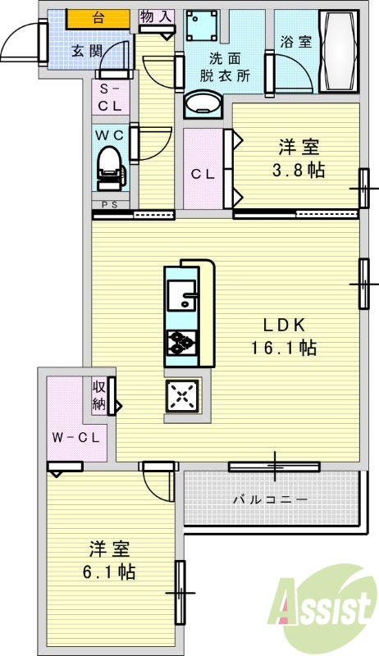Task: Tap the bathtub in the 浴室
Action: coord(339,51)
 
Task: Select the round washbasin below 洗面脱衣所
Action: coord(203,103)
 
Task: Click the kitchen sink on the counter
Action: coord(181,295)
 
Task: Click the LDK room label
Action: coord(284,325)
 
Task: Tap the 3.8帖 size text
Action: coord(299,171)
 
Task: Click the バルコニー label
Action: coord(270,499)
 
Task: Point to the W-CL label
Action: coord(75,438)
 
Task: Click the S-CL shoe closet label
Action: coord(110,98)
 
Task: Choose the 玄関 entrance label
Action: coord(87,51)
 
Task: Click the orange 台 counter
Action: coord(98,19)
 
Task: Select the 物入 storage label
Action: coord(157,16)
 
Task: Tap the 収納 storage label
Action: coord(98,396)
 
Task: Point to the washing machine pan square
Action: coord(202,25)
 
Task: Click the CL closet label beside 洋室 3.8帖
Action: coord(203,174)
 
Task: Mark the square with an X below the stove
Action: coord(182,396)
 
